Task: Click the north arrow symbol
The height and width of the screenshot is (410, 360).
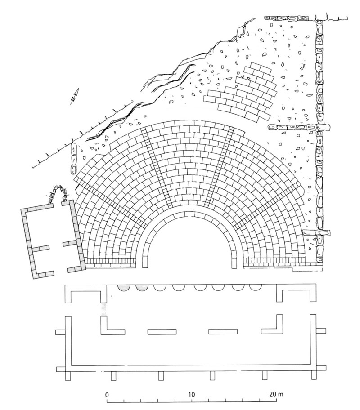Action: [74, 97]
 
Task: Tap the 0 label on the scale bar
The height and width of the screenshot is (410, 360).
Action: [107, 394]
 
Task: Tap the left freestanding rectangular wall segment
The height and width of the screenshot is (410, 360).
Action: [162, 332]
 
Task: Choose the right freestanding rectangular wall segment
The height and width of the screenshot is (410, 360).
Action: [222, 332]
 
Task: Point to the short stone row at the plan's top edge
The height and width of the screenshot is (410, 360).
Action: [288, 18]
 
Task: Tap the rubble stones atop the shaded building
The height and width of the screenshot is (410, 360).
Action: [58, 194]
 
